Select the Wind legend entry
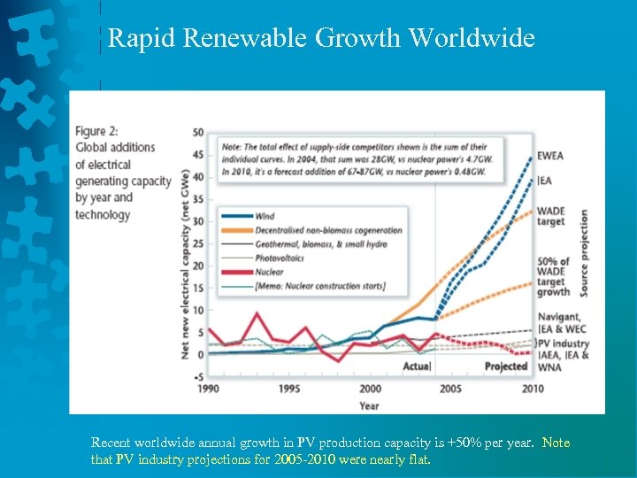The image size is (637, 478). tap(264, 216)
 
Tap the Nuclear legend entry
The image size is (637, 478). tap(269, 273)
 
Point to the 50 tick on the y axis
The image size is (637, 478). tap(198, 133)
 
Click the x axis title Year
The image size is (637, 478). tap(369, 405)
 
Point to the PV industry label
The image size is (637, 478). tap(564, 343)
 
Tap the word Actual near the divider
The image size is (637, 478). tap(417, 366)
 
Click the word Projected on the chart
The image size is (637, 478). tap(506, 366)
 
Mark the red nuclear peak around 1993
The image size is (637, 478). tap(257, 313)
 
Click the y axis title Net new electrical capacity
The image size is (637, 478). tap(186, 263)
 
